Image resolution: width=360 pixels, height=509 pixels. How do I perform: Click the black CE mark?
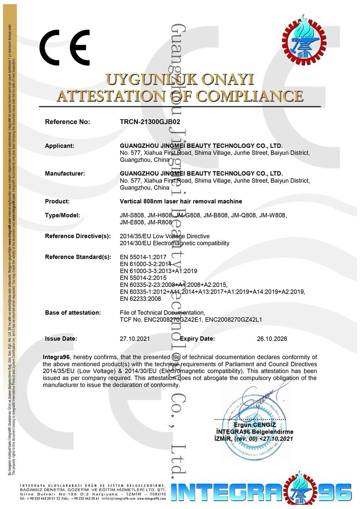[x=64, y=47]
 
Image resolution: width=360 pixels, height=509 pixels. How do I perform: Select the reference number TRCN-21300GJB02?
[x=150, y=122]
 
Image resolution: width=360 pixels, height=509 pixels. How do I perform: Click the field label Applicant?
[x=60, y=146]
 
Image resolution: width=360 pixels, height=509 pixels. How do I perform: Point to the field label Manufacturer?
[x=65, y=173]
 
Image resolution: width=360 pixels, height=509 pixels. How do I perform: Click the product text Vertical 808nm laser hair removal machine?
[x=181, y=201]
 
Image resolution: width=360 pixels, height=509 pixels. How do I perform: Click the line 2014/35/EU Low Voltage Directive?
[x=164, y=236]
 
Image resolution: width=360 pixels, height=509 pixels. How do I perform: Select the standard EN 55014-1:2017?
[x=143, y=257]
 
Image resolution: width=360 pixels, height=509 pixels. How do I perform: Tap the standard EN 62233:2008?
[x=141, y=299]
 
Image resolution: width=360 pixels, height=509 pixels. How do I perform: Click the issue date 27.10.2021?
[x=135, y=339]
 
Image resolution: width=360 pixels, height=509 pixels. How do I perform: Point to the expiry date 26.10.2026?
[x=272, y=339]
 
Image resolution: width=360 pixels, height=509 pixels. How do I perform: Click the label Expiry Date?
[x=197, y=339]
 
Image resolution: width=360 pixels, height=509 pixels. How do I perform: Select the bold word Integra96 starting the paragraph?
[x=56, y=357]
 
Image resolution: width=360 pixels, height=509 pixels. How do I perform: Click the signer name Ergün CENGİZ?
[x=255, y=425]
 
